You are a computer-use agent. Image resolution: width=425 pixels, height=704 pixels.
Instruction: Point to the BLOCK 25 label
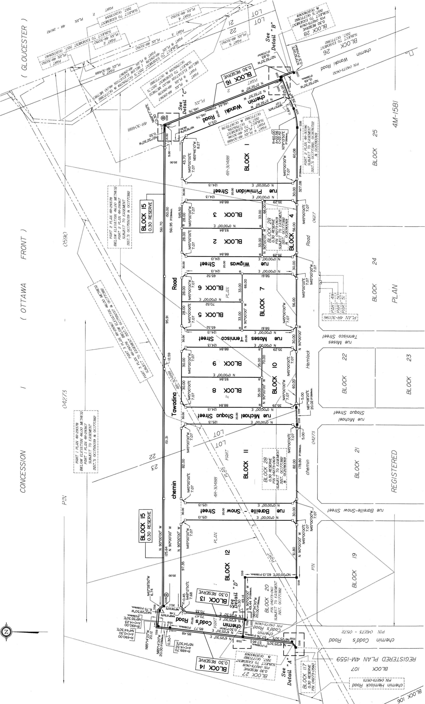point(375,148)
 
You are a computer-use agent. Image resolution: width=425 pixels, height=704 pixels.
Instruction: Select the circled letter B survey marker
point(163,118)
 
